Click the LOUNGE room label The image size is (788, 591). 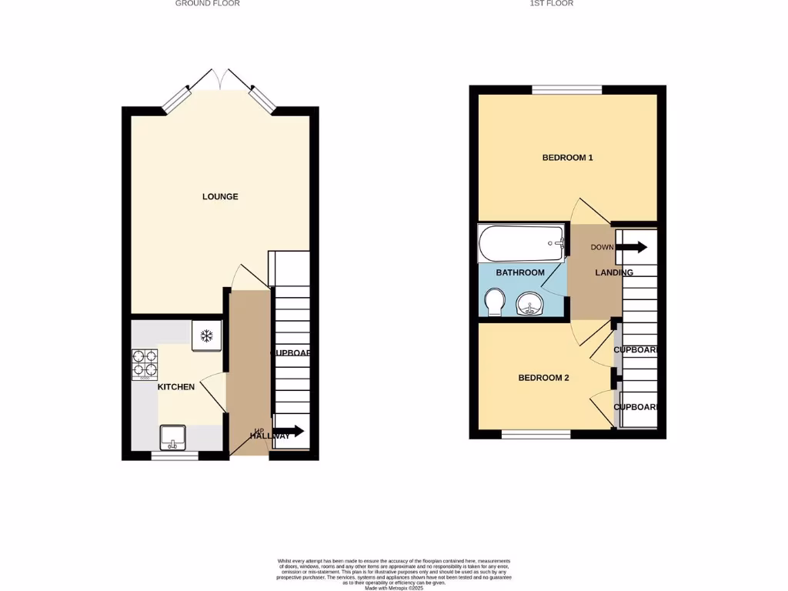coord(220,197)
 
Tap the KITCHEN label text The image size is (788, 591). coord(176,387)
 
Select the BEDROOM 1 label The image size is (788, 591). coord(567,158)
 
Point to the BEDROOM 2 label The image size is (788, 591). coord(543,378)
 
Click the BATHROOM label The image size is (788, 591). coord(520,273)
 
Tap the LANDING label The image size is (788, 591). coord(614,273)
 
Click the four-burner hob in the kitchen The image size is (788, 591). coord(145,364)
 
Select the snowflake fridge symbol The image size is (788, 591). coord(206,336)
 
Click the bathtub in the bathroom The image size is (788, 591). coord(522,244)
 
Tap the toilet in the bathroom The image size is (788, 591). coord(494,302)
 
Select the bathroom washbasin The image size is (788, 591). coord(529,305)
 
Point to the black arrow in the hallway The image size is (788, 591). coord(288,432)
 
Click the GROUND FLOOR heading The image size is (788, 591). coord(208,4)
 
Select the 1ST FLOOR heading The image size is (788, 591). coord(552,4)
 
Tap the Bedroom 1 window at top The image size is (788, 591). coord(567,90)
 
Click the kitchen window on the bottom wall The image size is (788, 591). coord(175,456)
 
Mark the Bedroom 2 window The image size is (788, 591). coord(536,435)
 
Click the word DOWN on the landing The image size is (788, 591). coord(601,247)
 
